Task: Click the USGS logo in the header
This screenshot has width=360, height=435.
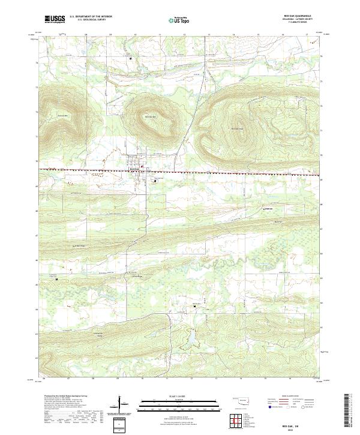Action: click(55, 19)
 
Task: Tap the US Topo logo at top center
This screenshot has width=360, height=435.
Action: click(178, 19)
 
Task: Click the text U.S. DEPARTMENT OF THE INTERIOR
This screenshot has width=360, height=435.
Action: click(91, 17)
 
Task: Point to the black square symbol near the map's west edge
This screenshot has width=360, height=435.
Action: click(57, 279)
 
